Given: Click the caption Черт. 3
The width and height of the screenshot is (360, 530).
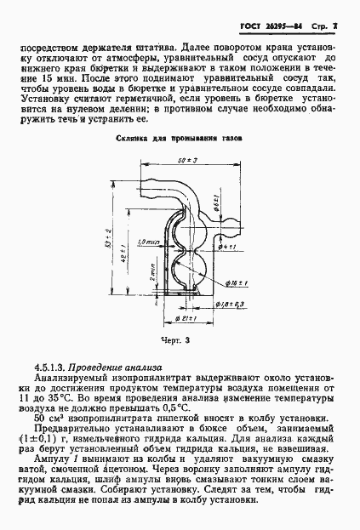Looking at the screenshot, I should (x=176, y=338).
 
